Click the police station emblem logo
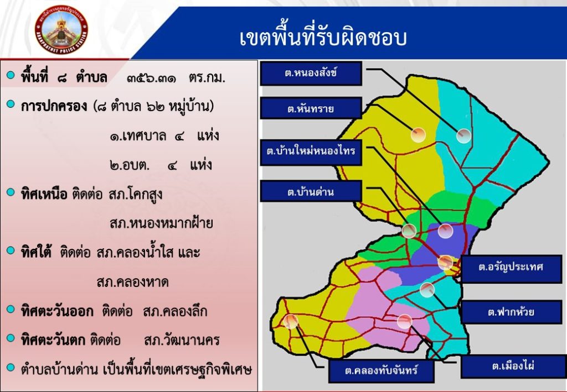click(x=61, y=30)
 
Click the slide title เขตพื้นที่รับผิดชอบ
click(x=323, y=37)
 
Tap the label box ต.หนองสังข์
click(x=311, y=74)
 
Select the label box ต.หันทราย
click(x=311, y=108)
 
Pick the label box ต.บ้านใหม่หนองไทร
click(x=311, y=151)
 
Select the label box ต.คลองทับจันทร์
click(x=382, y=370)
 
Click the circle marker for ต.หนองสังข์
click(x=463, y=135)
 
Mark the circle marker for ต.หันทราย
click(x=418, y=135)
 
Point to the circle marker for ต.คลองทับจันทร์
click(x=291, y=321)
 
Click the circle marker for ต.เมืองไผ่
click(x=404, y=321)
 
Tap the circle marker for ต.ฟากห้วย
click(x=427, y=290)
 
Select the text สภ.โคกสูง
click(x=135, y=195)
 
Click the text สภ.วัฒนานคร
click(x=182, y=340)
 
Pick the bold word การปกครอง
click(x=54, y=107)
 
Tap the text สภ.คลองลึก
click(x=175, y=311)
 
